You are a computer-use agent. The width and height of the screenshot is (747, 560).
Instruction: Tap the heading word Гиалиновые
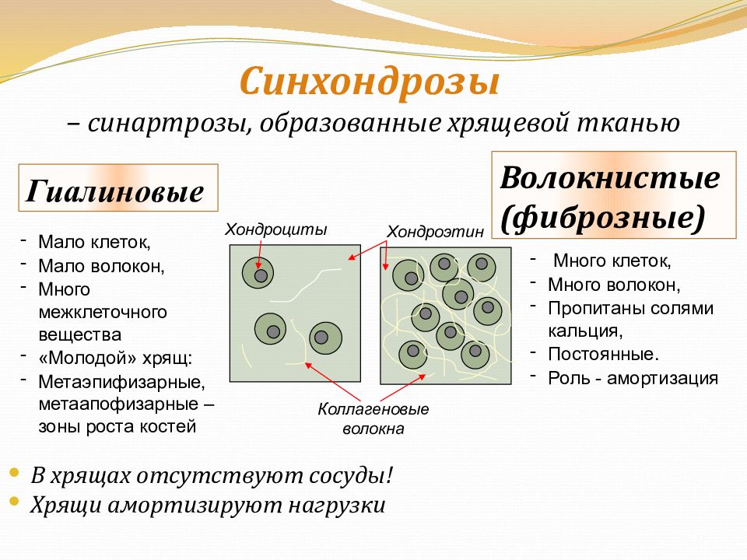(115, 191)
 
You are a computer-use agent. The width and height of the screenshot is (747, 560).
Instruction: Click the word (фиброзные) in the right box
(602, 218)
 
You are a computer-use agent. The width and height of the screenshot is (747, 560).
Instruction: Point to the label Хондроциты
(275, 229)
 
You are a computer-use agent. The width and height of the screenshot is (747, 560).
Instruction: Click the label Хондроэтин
(435, 232)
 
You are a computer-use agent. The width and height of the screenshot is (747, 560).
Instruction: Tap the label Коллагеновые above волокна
(373, 409)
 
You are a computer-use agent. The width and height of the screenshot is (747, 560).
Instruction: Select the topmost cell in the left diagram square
(258, 273)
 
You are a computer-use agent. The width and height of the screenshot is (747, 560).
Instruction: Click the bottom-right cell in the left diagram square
(325, 338)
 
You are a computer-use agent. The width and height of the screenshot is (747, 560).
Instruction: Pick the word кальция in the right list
(585, 331)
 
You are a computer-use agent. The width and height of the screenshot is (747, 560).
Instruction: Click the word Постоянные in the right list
(601, 355)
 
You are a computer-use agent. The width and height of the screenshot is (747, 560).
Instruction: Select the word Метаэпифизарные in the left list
(121, 381)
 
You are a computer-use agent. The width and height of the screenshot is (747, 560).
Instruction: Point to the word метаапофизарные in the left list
(118, 404)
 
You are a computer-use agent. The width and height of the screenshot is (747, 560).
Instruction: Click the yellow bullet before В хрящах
(14, 472)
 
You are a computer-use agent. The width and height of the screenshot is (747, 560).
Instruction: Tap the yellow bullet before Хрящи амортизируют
(14, 501)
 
